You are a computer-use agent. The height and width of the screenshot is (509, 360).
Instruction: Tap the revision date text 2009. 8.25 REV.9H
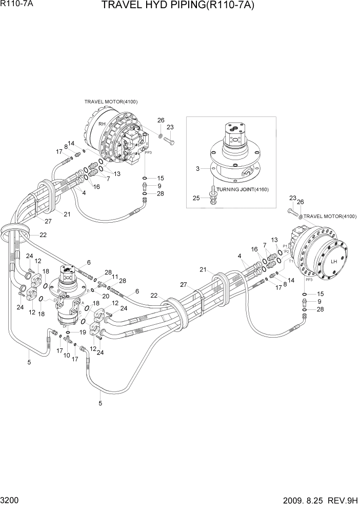coord(317,500)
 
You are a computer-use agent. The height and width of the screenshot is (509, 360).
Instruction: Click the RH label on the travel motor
coord(102,124)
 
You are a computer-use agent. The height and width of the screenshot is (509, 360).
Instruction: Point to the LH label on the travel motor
coord(334,261)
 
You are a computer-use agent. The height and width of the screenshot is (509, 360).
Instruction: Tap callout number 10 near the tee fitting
coord(67,355)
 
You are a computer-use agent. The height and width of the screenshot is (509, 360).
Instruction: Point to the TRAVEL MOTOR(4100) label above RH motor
coord(111,102)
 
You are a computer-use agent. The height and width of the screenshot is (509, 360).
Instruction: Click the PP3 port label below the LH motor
coord(309,281)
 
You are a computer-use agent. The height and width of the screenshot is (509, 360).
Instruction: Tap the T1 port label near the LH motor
coord(291,261)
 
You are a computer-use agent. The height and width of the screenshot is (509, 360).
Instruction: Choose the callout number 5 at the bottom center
coord(100,403)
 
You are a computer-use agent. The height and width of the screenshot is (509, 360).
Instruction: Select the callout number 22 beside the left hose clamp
coord(43,234)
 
